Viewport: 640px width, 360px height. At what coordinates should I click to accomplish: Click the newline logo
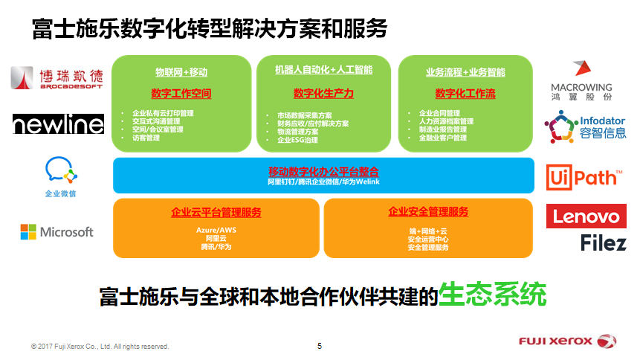58,123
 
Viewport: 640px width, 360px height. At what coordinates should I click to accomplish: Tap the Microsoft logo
57,232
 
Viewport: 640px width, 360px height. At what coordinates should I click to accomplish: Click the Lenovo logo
586,216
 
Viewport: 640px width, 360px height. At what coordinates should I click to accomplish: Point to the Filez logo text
603,242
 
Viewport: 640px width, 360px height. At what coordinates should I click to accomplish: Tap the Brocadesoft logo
57,79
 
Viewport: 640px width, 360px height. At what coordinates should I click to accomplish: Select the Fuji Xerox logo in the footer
567,341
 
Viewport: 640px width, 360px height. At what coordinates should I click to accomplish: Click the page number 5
320,346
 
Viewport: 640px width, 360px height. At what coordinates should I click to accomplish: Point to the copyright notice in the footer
100,347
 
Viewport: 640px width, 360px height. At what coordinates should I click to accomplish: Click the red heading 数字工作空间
181,94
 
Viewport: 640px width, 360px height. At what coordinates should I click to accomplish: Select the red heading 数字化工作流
465,94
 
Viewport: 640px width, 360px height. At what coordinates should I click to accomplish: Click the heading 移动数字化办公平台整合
323,170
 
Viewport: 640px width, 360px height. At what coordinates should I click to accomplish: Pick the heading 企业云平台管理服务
216,213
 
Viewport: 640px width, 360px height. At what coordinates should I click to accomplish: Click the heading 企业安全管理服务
428,212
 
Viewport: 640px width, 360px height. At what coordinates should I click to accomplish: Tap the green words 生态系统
493,295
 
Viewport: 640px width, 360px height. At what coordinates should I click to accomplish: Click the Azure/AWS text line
216,230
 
